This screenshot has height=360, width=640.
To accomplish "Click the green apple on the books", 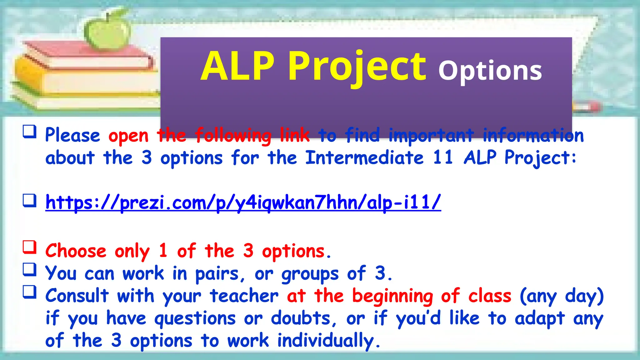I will click(108, 31).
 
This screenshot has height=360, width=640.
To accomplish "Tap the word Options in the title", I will click(490, 71).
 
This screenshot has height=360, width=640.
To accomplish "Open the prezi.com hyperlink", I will click(243, 203).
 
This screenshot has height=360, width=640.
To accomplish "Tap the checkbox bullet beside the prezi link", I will click(30, 200).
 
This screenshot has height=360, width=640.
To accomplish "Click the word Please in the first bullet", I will click(72, 136).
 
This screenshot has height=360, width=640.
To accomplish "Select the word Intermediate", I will click(364, 157).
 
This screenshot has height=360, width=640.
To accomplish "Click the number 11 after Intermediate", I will click(443, 157).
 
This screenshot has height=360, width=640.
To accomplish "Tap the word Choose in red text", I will click(76, 251).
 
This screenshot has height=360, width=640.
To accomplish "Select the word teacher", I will click(244, 296).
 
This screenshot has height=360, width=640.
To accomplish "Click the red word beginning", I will click(392, 296).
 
